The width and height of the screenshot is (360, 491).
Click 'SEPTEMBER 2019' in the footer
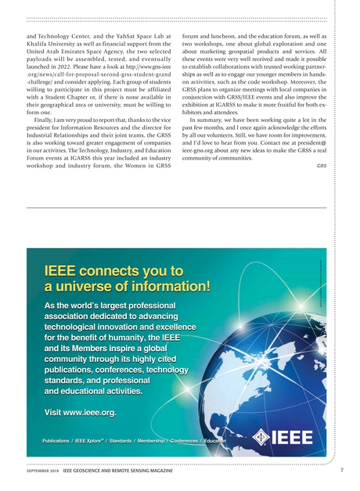click(x=44, y=471)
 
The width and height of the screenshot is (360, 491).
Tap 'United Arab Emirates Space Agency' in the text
click(x=84, y=52)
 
